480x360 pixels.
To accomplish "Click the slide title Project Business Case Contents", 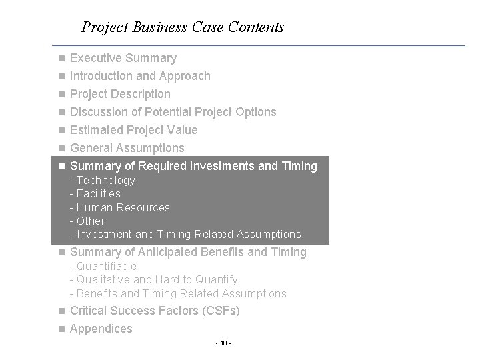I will click(x=182, y=27).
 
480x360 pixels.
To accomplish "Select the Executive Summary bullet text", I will click(x=123, y=58).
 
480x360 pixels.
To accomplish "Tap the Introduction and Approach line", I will click(x=140, y=76).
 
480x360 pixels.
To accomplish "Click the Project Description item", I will click(x=120, y=94).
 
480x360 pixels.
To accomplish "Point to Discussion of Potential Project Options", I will click(x=173, y=112).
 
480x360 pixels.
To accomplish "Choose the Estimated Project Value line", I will click(x=133, y=130).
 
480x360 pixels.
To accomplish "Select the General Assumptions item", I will click(x=127, y=148).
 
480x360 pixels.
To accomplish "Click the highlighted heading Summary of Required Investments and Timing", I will click(x=189, y=166).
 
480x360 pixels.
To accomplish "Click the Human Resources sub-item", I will click(x=120, y=207).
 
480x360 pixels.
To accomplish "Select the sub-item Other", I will click(x=87, y=221).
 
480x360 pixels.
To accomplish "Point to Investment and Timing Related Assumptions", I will click(x=185, y=234).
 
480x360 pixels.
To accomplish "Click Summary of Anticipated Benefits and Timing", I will click(x=188, y=252).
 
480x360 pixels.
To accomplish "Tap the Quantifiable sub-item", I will click(x=103, y=267).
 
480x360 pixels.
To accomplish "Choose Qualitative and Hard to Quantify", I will click(x=153, y=280).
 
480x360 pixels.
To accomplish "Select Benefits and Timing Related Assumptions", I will click(x=178, y=293).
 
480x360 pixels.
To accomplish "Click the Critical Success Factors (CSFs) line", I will click(x=155, y=311).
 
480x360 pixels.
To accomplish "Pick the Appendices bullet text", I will click(x=101, y=329).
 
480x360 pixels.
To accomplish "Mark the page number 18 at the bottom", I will click(x=223, y=343).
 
